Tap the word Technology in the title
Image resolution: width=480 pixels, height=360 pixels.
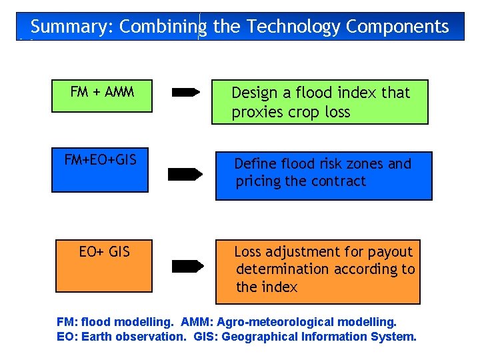click(289, 27)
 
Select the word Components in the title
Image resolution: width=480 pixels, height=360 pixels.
click(398, 27)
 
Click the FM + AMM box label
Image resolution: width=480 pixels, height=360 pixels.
click(102, 92)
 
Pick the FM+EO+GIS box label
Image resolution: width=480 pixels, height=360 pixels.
click(101, 160)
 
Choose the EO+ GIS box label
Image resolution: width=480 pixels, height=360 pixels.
click(104, 252)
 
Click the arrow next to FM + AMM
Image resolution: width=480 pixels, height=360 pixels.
click(186, 93)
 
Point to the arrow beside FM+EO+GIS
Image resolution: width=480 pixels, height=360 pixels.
click(185, 175)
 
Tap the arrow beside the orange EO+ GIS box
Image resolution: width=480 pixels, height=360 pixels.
click(188, 266)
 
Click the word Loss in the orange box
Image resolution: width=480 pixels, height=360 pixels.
click(247, 252)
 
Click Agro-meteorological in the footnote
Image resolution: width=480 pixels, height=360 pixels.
click(267, 323)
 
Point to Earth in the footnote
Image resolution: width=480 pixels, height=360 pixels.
click(97, 337)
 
